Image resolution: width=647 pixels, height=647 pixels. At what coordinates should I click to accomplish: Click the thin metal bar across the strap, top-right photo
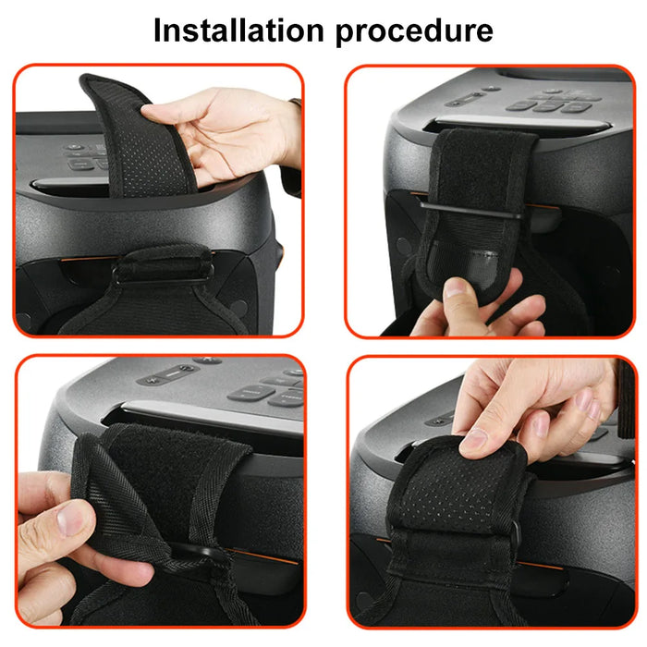[x=476, y=211]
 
